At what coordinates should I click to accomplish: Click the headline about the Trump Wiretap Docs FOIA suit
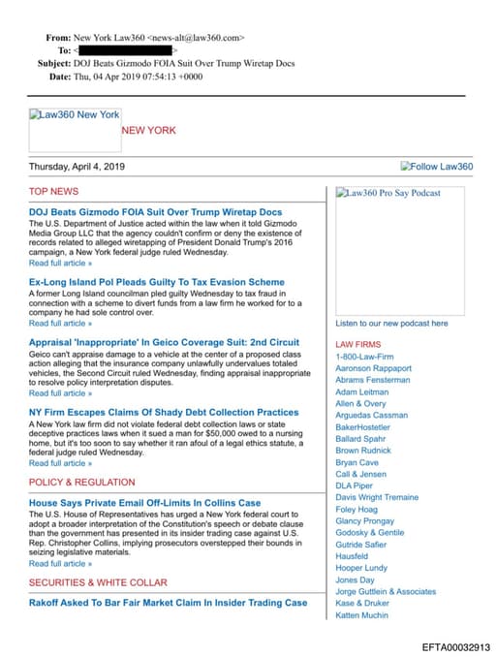155,211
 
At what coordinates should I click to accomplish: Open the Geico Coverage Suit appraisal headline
164,342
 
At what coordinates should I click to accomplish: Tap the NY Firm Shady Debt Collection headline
164,413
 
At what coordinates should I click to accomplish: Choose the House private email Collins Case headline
144,503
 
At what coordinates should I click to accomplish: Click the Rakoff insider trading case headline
168,602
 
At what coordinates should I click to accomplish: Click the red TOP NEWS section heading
53,192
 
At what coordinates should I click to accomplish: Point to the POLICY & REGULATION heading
82,483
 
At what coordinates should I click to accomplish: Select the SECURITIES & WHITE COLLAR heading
98,582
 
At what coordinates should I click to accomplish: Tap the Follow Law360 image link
436,167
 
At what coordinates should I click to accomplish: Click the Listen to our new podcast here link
391,324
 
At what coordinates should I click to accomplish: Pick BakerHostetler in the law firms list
362,426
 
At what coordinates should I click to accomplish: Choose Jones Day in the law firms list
354,579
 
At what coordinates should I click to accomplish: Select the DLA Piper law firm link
354,485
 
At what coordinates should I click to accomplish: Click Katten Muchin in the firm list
360,614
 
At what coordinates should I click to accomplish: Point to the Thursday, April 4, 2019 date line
77,167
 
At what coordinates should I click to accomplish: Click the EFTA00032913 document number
455,646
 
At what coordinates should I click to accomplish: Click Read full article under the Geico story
60,393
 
